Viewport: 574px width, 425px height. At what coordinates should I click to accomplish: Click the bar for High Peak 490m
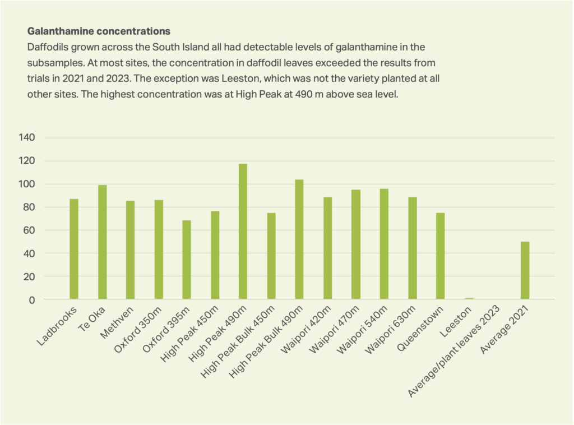coord(243,232)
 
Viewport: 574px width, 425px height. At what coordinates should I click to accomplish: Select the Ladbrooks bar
coord(74,249)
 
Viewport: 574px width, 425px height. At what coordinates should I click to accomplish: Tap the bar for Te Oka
coord(103,242)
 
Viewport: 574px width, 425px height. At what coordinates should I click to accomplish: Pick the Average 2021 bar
coord(525,270)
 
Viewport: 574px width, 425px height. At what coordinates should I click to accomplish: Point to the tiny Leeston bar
coord(469,298)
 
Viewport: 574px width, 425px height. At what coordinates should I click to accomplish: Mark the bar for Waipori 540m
coord(384,244)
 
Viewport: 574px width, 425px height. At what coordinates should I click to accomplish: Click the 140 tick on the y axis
coord(43,138)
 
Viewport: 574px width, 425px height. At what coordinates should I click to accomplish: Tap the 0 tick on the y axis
coord(48,300)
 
